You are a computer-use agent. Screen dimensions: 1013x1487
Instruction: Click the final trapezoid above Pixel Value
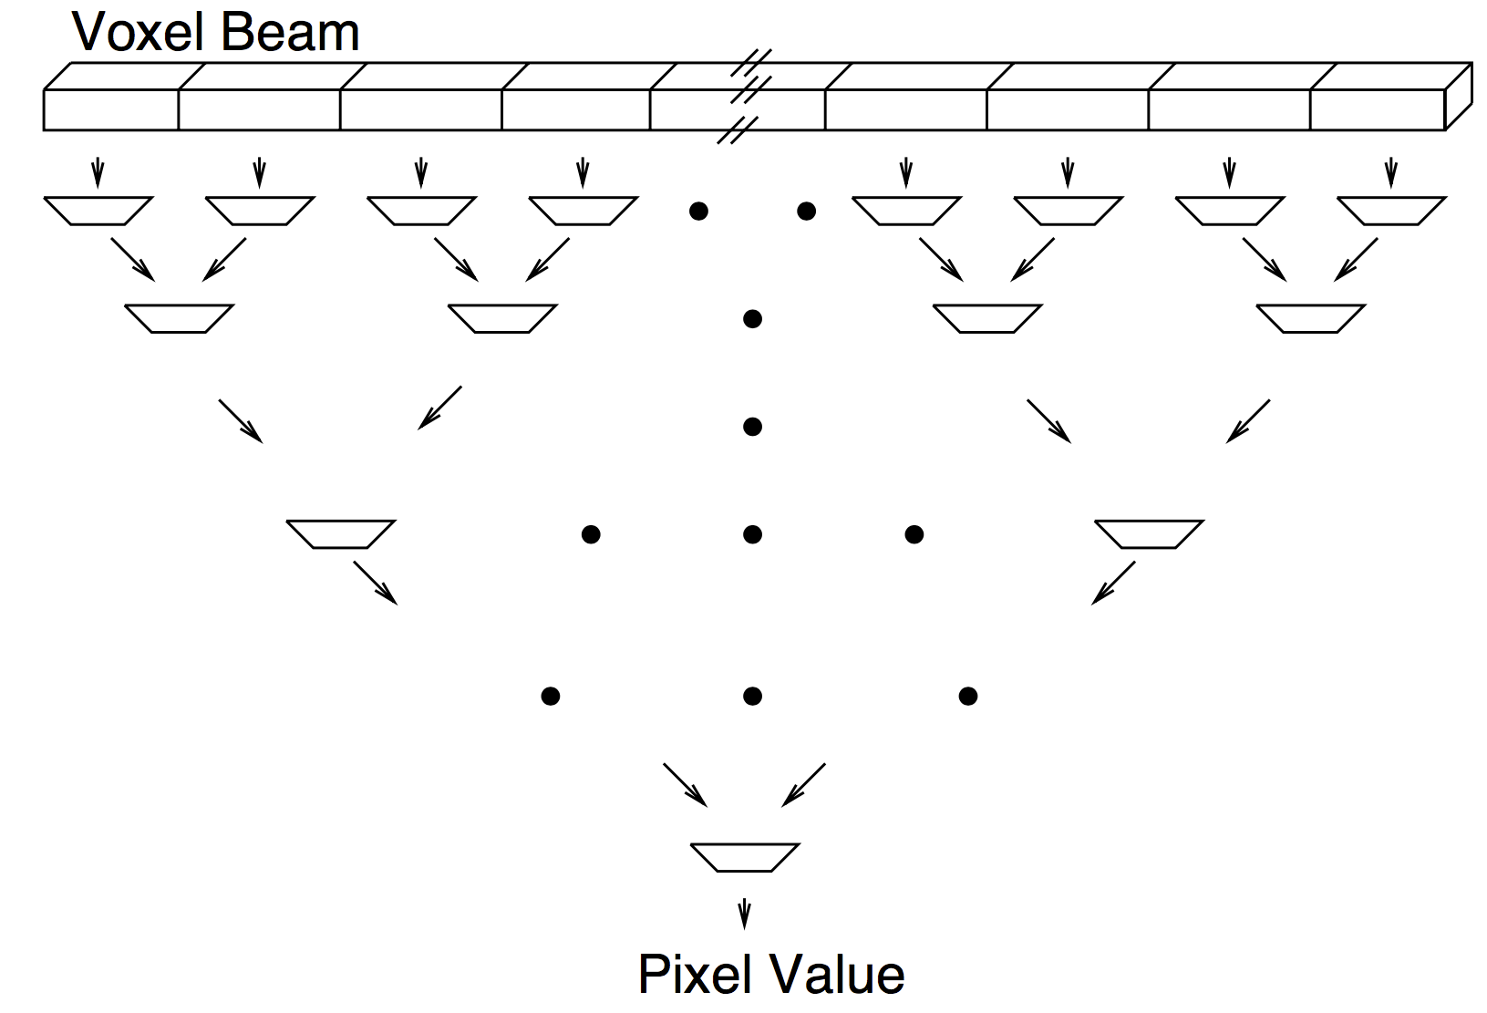coord(745,857)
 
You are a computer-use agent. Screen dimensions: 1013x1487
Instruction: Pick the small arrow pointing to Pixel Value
coord(745,913)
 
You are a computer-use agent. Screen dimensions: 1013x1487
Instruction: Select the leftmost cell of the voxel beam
coord(111,109)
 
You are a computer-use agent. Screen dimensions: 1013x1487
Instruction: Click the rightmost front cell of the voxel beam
coord(1377,109)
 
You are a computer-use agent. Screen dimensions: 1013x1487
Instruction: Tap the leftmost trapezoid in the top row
coord(98,211)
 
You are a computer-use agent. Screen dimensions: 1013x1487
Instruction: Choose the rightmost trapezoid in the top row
coord(1390,211)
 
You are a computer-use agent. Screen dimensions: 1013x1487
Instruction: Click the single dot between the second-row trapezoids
coord(752,319)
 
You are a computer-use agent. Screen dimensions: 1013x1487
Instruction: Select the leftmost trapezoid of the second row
coord(179,318)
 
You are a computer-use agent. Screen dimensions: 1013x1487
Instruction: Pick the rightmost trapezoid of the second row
coord(1310,318)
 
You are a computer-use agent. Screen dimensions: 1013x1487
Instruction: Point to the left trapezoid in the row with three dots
coord(341,533)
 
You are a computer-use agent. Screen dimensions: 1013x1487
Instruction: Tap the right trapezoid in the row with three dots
coord(1149,533)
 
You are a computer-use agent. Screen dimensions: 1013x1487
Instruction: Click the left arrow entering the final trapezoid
coord(685,785)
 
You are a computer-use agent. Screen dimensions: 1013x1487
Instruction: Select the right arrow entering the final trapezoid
coord(804,785)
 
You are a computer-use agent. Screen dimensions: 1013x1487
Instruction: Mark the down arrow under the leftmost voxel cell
coord(98,172)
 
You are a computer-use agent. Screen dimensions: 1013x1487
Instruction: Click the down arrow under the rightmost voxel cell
coord(1390,172)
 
